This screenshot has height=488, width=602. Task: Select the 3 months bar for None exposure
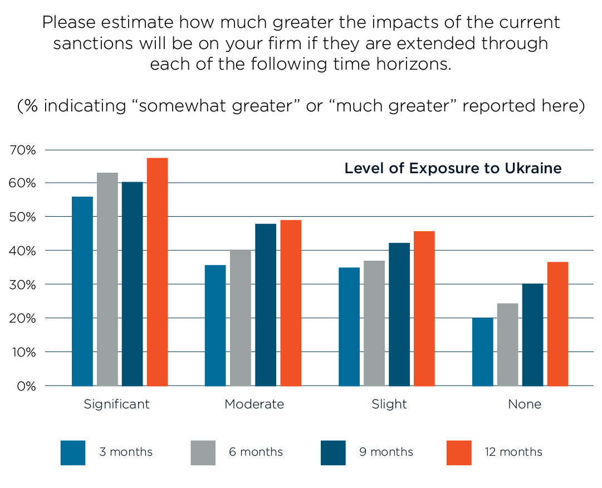(482, 352)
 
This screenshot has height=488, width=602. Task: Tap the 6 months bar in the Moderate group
(241, 318)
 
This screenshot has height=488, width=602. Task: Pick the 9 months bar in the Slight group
(399, 314)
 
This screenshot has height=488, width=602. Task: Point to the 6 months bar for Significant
(107, 279)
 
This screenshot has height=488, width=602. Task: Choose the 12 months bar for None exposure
(557, 324)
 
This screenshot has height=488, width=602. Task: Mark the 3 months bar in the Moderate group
(215, 325)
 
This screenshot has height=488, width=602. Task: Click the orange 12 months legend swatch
(459, 452)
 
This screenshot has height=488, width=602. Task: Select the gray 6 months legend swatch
(203, 452)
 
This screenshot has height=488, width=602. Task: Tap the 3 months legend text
(125, 452)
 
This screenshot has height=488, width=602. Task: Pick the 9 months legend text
(386, 452)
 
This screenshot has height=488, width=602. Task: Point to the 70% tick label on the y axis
(23, 150)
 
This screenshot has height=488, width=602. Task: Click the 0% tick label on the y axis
(26, 385)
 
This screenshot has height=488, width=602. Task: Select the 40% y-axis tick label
(23, 251)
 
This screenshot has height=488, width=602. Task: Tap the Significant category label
(116, 404)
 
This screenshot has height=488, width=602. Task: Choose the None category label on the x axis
(524, 404)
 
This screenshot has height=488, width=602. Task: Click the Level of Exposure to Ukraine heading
(453, 168)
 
